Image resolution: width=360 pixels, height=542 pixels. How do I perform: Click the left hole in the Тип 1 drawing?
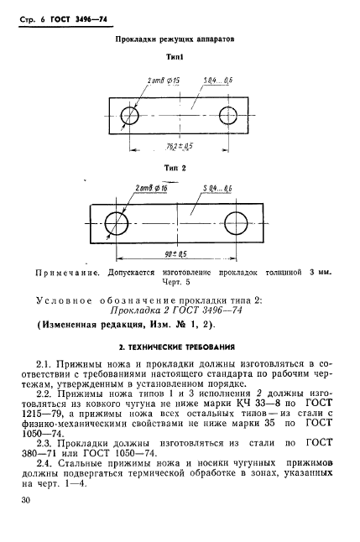click(131, 114)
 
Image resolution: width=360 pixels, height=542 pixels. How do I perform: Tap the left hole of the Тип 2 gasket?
click(116, 222)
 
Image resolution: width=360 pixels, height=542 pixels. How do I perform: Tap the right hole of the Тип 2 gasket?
click(237, 222)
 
